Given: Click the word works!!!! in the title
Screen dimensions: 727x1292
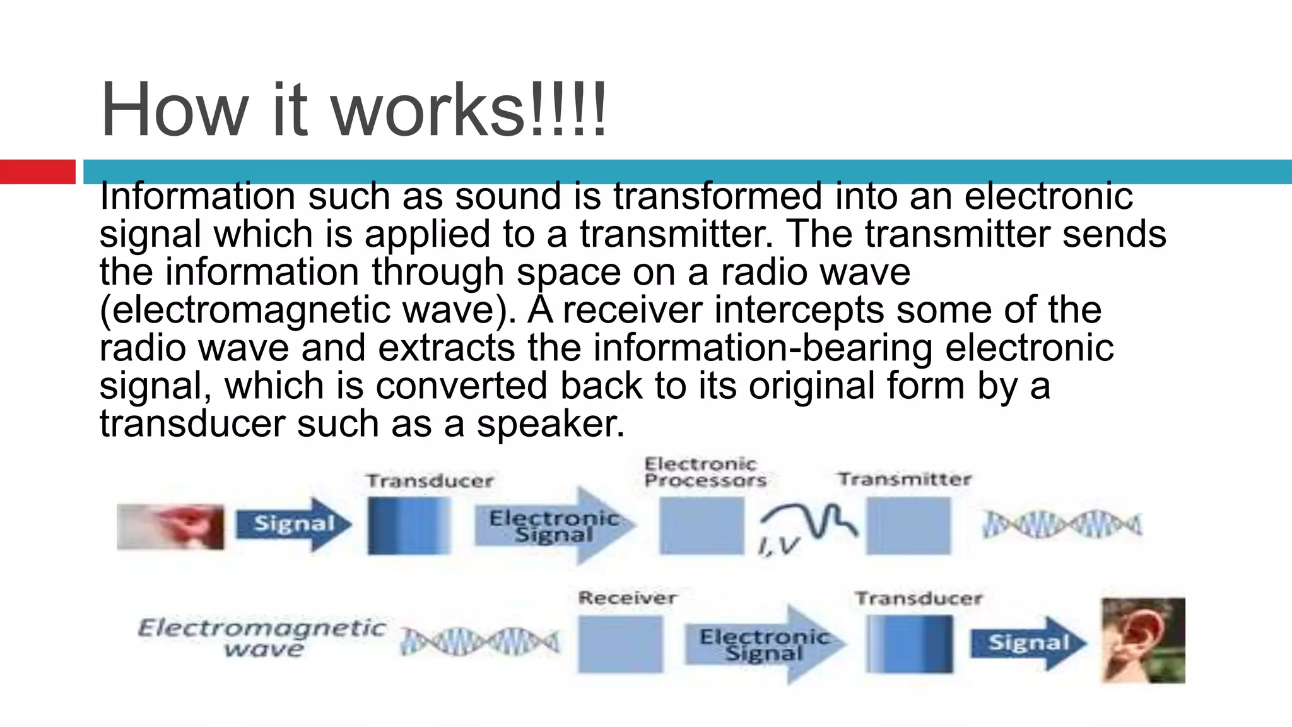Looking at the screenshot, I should point(468,110).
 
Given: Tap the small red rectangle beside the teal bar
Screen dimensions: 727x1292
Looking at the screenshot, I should point(37,172).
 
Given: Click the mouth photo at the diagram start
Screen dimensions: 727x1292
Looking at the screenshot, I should point(170,526).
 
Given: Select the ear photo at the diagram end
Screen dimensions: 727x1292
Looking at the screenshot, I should point(1142,640).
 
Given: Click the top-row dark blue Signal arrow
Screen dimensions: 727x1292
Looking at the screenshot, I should point(293,524).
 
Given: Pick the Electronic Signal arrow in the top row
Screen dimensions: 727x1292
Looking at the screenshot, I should point(554,526).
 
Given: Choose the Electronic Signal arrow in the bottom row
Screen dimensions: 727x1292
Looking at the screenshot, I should point(764,644).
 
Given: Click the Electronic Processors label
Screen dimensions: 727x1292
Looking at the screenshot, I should point(704,473).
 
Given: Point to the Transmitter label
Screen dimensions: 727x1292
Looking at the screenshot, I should point(904,480).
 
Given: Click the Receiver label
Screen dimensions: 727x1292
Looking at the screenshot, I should point(627,598).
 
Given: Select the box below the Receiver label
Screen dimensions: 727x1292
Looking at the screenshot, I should point(620,644).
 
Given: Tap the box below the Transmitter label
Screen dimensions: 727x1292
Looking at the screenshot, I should point(908,526).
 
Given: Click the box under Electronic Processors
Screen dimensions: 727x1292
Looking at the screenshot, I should point(702,526).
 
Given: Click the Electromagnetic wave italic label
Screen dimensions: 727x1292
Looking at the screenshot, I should point(262,637).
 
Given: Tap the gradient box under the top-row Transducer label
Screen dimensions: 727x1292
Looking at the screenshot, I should point(409,526).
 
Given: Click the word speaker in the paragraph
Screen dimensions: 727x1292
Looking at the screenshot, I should point(549,423).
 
